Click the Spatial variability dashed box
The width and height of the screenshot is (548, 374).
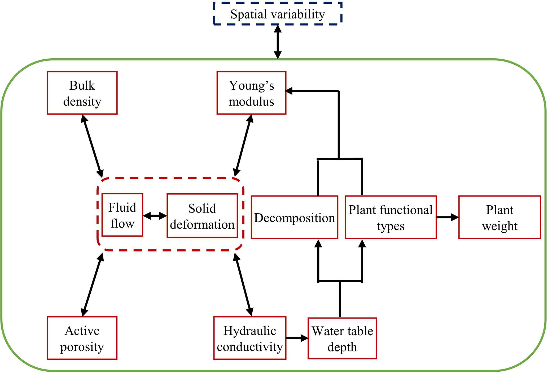pyautogui.click(x=277, y=14)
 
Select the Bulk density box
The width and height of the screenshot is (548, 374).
pyautogui.click(x=82, y=93)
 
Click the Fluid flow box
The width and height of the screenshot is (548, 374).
pyautogui.click(x=122, y=215)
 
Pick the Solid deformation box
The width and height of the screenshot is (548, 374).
pyautogui.click(x=202, y=216)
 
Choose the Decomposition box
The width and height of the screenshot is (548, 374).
pyautogui.click(x=294, y=218)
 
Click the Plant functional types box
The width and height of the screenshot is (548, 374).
pyautogui.click(x=391, y=218)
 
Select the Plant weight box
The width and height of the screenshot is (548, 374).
pyautogui.click(x=499, y=218)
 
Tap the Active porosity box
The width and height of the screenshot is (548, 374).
pyautogui.click(x=82, y=338)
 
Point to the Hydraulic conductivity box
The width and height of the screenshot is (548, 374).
pyautogui.click(x=250, y=338)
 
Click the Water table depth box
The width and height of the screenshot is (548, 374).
pyautogui.click(x=342, y=338)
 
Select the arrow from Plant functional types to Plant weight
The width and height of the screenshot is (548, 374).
pyautogui.click(x=448, y=218)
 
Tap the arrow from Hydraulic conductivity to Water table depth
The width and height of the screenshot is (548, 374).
pyautogui.click(x=297, y=338)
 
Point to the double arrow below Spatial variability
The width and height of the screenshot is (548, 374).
pyautogui.click(x=278, y=42)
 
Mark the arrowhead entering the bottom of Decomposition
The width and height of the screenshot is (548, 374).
pyautogui.click(x=318, y=243)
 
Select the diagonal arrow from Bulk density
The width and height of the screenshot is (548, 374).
pyautogui.click(x=92, y=146)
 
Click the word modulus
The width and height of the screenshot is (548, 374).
pyautogui.click(x=251, y=102)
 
